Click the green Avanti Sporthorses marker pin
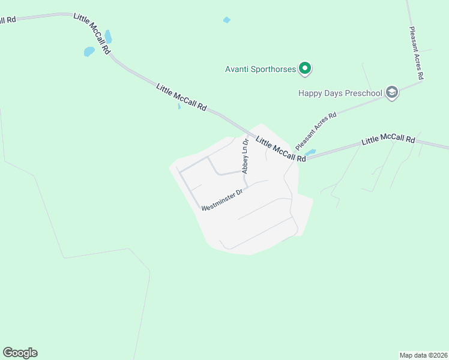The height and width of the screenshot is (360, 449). click(305, 69)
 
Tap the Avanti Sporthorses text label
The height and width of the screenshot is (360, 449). click(260, 70)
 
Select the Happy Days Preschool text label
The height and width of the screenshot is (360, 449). click(340, 93)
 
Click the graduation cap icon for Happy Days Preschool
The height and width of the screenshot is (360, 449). click(392, 92)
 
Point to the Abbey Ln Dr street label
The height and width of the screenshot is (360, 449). click(245, 156)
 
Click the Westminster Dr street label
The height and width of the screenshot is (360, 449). click(221, 200)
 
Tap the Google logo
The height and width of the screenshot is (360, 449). click(20, 353)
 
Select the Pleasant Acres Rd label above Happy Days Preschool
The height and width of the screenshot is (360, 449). click(416, 53)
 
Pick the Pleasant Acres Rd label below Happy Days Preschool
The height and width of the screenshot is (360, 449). click(316, 130)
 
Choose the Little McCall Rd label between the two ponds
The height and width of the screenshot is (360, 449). click(92, 34)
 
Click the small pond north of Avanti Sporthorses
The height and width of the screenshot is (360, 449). click(226, 20)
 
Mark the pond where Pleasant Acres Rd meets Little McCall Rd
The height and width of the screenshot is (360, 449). click(310, 152)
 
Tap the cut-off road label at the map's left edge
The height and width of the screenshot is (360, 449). click(7, 20)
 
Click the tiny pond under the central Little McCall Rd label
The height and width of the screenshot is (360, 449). click(179, 107)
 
